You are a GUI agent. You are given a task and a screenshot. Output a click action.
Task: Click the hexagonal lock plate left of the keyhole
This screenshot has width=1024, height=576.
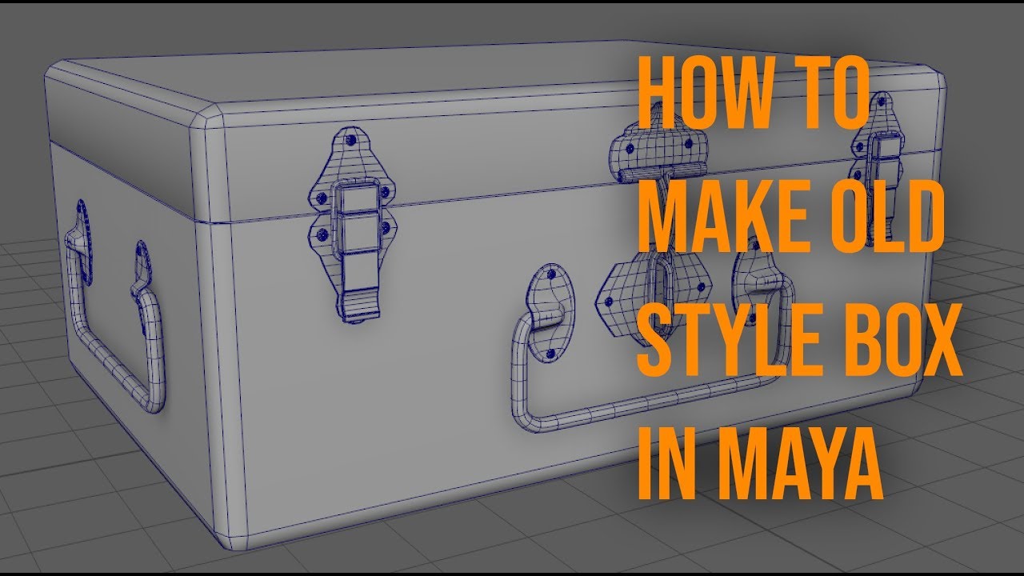click(x=620, y=292)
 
